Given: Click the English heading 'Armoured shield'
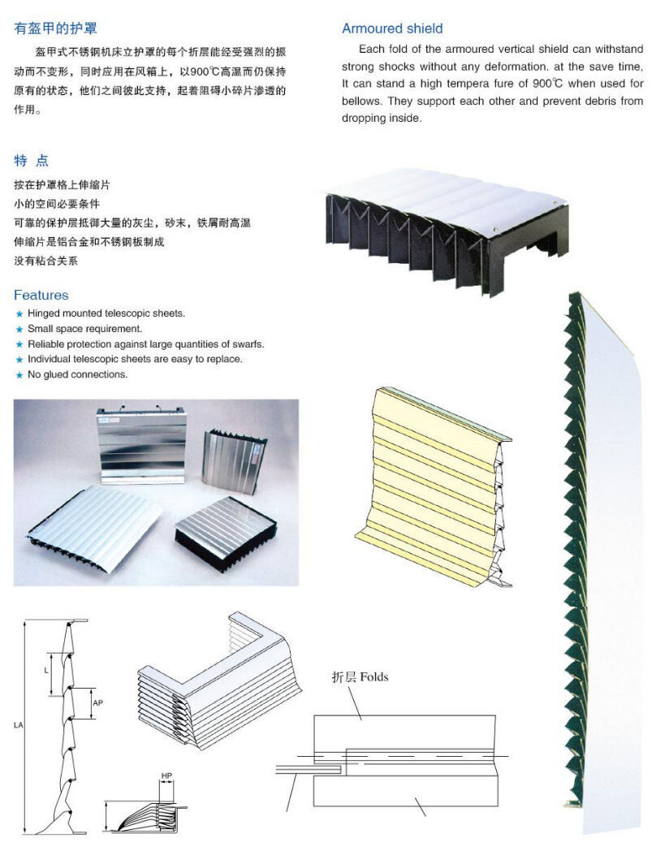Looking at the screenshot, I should point(392,28).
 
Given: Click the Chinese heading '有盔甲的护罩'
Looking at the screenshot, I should point(56,28).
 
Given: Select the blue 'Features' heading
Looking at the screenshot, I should point(41,295).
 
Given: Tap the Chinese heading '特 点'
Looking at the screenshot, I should point(32,160).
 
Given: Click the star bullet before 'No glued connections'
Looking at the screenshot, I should point(19,375).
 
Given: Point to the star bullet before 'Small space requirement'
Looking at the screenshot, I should point(19,330).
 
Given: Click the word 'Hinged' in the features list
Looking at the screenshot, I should point(44,313).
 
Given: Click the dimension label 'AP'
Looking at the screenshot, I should point(97,702).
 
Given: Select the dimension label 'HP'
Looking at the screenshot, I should point(166,775).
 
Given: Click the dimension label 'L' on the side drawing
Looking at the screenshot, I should point(46,671).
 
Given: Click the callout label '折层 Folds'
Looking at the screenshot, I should point(360,676).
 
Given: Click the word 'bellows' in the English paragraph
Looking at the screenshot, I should point(361,102).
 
